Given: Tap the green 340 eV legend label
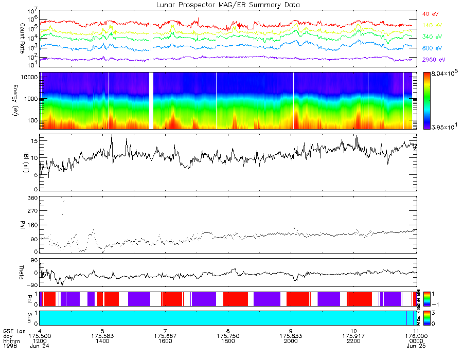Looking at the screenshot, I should click(x=431, y=37).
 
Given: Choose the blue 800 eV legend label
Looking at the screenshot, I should click(x=431, y=48).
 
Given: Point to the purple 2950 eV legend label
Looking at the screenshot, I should click(x=433, y=59).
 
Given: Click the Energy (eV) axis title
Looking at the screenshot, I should click(x=22, y=101).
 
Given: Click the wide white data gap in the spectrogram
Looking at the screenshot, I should click(x=151, y=101).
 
